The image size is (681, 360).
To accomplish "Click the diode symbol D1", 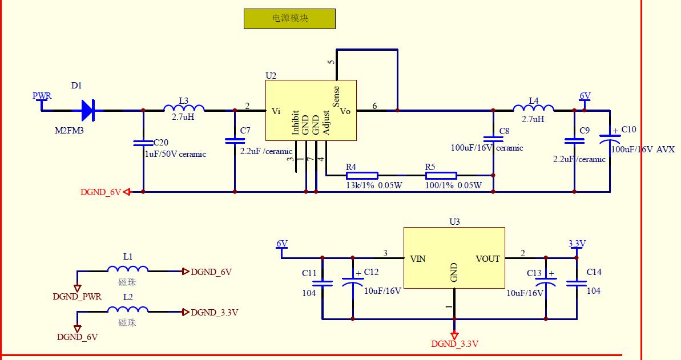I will click(88, 110).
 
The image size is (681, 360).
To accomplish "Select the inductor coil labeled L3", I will click(184, 108).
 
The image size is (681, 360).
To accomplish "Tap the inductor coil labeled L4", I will click(533, 108).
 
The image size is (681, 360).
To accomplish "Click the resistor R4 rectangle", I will click(361, 176).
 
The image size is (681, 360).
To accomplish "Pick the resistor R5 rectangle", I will click(441, 176).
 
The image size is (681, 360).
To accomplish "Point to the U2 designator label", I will click(271, 75).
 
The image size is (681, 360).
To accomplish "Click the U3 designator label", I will click(454, 222).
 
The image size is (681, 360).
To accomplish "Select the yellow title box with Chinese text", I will click(289, 18).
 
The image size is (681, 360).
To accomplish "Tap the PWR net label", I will click(42, 96).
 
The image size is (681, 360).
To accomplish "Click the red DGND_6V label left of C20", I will click(101, 192).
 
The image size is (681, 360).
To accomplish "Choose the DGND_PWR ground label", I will click(77, 297).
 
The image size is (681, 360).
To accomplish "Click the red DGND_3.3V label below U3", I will click(454, 344).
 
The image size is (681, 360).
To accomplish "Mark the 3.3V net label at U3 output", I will click(577, 244).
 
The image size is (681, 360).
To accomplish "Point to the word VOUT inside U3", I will click(487, 259).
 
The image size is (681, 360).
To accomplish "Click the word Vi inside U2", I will click(276, 111).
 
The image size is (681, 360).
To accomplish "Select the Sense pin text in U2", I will click(336, 96).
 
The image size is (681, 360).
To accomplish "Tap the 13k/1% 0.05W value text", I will click(374, 185).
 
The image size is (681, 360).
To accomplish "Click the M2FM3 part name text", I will click(68, 131).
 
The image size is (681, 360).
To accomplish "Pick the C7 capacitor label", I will click(245, 131).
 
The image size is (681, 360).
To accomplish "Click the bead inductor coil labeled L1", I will click(128, 270).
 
